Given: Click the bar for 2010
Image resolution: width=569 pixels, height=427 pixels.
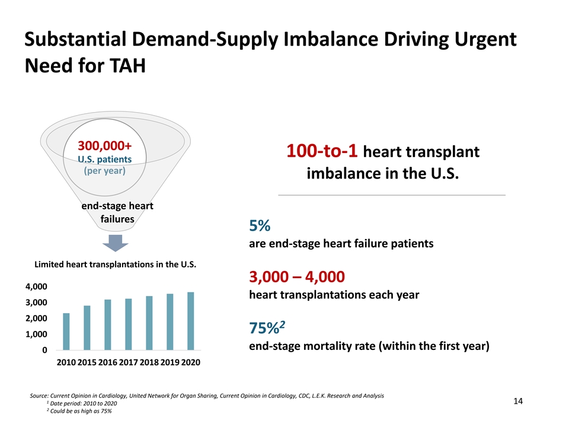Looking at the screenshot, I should [x=66, y=332].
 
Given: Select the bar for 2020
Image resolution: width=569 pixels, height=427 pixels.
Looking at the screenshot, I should [x=191, y=321].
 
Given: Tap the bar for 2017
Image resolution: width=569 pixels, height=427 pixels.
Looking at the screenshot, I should [x=129, y=324].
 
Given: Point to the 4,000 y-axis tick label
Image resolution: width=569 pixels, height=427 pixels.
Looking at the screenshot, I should [x=36, y=287].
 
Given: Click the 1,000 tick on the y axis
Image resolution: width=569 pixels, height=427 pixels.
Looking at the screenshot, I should [x=36, y=334].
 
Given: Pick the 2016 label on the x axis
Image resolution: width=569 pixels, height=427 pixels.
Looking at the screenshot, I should [x=108, y=362].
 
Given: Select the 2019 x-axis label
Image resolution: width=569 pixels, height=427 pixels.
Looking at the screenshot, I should [x=170, y=362].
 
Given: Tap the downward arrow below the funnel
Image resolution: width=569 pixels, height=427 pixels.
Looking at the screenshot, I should [x=117, y=243].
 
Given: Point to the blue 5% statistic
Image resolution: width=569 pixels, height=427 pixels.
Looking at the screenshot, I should [x=260, y=226].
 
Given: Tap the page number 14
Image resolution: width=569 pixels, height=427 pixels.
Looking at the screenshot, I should [x=517, y=401].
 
